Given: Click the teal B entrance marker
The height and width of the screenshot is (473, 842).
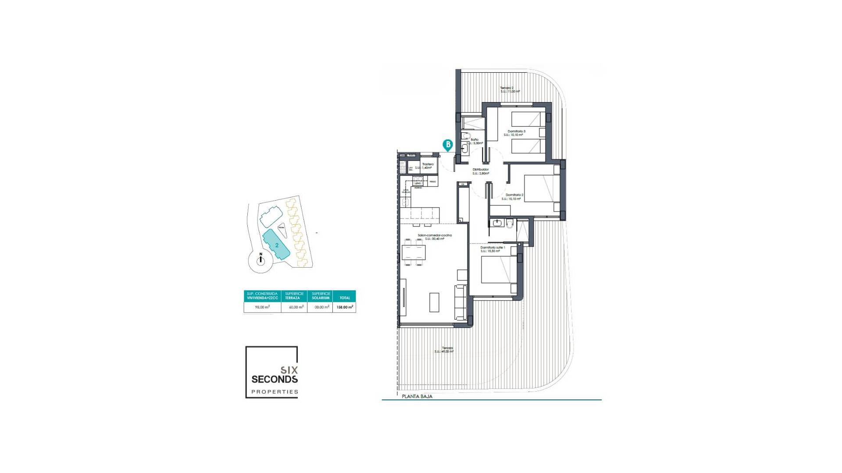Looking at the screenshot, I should click(448, 145).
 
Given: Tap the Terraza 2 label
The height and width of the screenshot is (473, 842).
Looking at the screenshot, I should click(510, 90).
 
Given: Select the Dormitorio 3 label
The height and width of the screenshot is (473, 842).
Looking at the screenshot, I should click(516, 133).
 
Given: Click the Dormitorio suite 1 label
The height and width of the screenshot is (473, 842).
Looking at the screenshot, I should click(492, 249).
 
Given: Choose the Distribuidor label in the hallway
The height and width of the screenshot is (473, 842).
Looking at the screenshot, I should click(481, 171).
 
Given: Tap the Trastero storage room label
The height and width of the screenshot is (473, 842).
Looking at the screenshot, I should click(428, 166).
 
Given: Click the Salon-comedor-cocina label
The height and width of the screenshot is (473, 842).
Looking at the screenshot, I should click(435, 237).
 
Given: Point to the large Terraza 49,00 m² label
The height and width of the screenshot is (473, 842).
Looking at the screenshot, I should click(444, 349).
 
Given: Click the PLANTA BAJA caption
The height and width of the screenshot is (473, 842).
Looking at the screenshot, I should click(417, 396).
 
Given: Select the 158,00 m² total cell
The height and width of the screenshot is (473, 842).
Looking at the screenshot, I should click(345, 307).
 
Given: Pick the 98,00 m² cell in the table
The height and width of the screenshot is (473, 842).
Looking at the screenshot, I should click(262, 307).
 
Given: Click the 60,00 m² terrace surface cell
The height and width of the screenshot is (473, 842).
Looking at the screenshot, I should click(296, 307).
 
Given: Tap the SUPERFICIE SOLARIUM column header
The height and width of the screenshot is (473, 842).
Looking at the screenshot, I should click(321, 296).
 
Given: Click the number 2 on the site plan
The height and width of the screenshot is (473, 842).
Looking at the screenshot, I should click(277, 245).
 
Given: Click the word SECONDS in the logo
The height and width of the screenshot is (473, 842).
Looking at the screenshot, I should click(275, 379).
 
